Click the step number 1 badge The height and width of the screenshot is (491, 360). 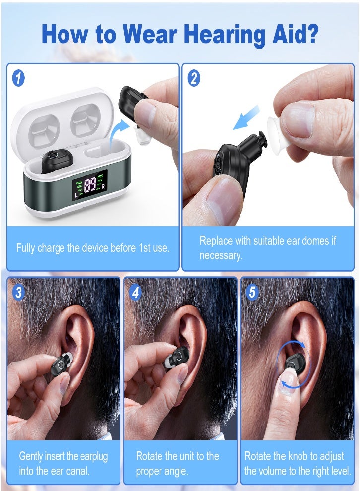pyautogui.click(x=18, y=78)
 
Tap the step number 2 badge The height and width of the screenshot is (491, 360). pyautogui.click(x=194, y=78)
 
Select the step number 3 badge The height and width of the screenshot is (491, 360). pyautogui.click(x=18, y=292)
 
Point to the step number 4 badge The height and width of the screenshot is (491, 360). pyautogui.click(x=135, y=292)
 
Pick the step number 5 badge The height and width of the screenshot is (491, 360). pyautogui.click(x=252, y=292)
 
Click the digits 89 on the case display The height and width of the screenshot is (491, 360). pyautogui.click(x=90, y=185)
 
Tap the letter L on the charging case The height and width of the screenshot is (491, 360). pyautogui.click(x=76, y=195)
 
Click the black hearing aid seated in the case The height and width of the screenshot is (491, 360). pyautogui.click(x=51, y=160)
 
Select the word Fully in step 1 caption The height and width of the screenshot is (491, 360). pyautogui.click(x=26, y=248)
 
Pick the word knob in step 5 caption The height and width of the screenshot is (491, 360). pyautogui.click(x=290, y=456)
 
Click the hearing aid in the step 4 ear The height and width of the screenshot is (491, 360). pyautogui.click(x=178, y=358)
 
